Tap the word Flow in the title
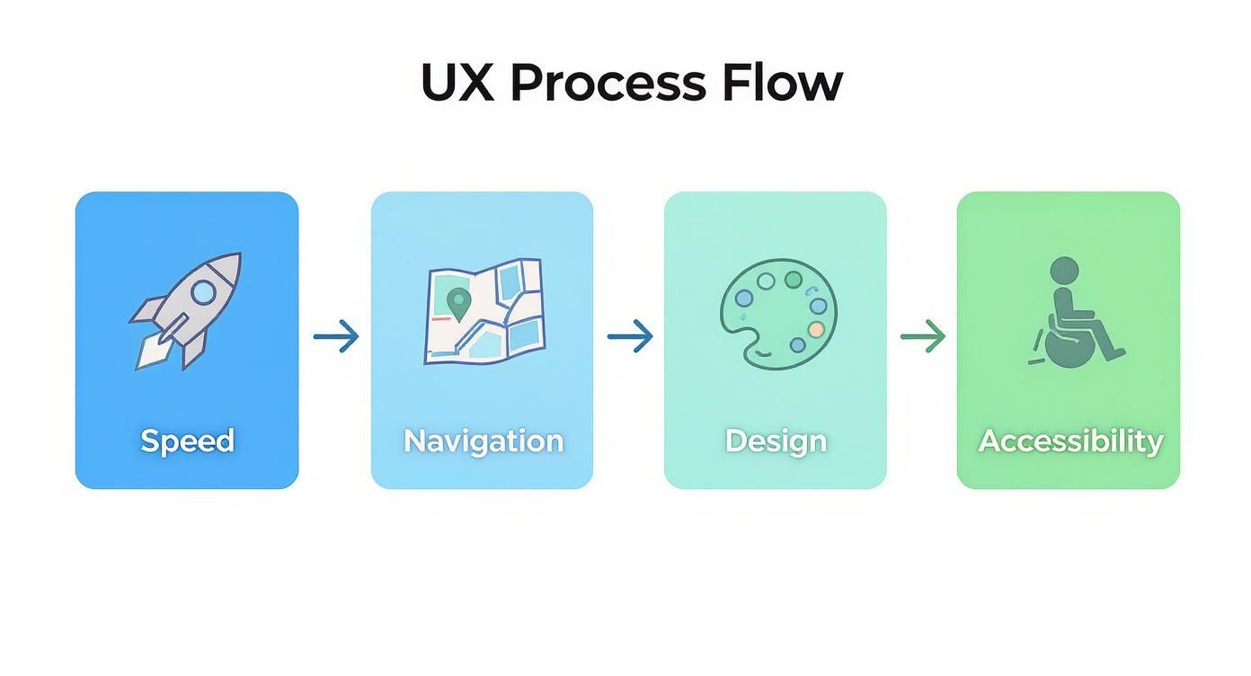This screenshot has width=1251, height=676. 782,83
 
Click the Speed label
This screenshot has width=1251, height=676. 187,440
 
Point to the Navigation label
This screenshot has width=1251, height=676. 483,440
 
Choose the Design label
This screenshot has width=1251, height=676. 776,440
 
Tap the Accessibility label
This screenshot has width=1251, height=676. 1069,440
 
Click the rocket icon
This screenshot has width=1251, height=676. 186,311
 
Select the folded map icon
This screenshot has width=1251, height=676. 484,311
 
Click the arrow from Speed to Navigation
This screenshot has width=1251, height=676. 336,337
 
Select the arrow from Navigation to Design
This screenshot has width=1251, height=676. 629,337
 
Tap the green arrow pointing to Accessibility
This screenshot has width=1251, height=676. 923,337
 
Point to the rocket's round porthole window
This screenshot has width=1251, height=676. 203,291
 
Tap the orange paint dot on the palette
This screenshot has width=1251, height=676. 815,330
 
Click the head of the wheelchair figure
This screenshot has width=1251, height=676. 1064,270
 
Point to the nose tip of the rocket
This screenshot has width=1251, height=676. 237,256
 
